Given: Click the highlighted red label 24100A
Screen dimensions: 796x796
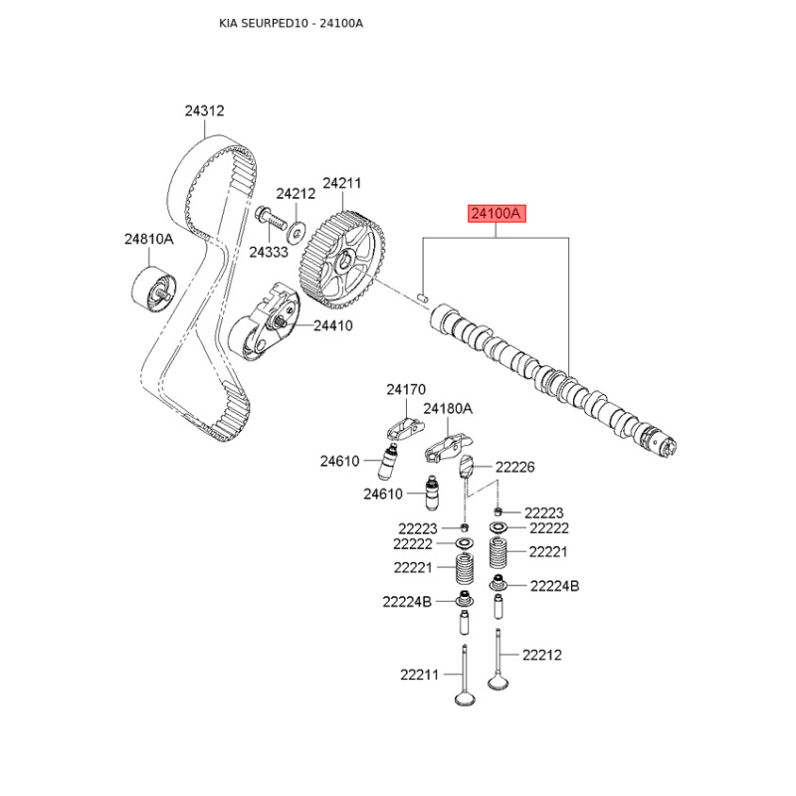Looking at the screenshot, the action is click(x=497, y=213).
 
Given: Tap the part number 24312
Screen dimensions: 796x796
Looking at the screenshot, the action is click(x=204, y=110).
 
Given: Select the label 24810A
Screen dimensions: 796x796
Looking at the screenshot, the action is click(x=148, y=239).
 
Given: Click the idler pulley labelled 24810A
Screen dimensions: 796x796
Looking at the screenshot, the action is click(x=153, y=293).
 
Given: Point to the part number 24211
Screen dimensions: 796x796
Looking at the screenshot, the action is click(x=341, y=183).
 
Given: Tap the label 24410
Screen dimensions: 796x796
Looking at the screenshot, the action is click(x=332, y=325).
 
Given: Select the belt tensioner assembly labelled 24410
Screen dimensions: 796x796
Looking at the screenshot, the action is click(x=264, y=322).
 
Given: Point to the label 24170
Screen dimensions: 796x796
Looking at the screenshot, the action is click(x=406, y=389).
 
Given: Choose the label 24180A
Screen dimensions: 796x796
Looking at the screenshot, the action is click(x=447, y=409).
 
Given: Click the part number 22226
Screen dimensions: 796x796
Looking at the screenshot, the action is click(x=514, y=467).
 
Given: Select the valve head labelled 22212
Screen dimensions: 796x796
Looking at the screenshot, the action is click(x=498, y=681).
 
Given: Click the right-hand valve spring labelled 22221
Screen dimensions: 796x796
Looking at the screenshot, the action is click(x=498, y=553).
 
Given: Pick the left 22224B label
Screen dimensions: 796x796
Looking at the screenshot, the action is click(x=407, y=602).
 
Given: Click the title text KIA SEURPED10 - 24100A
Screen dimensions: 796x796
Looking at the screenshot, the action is click(x=291, y=23).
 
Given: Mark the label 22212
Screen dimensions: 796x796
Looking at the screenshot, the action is click(x=542, y=655).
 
